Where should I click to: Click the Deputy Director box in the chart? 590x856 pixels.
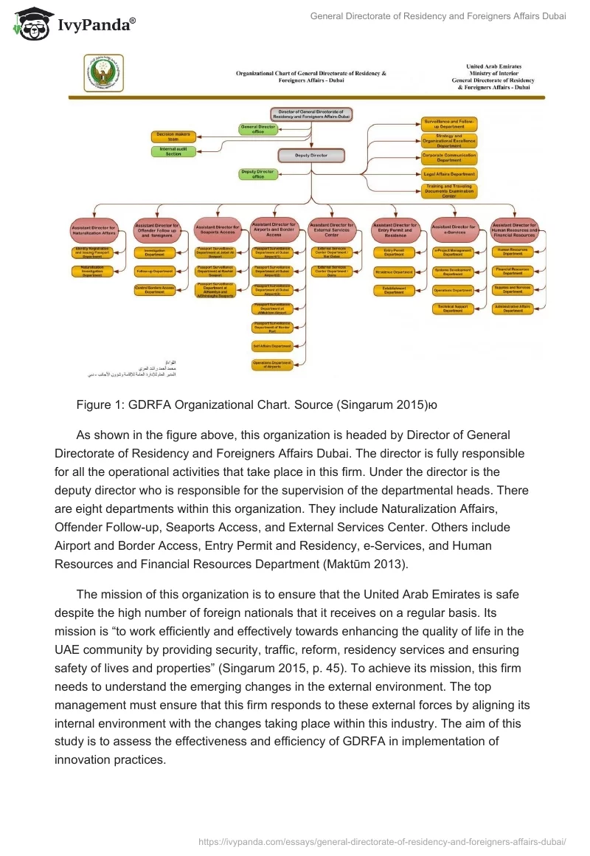(x=311, y=156)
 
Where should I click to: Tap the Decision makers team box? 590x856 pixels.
(x=173, y=136)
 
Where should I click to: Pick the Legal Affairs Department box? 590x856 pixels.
(x=448, y=174)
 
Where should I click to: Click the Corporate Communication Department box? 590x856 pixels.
(x=448, y=157)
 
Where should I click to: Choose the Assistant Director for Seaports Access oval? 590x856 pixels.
(x=217, y=230)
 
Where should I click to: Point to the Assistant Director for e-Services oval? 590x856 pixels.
(x=452, y=229)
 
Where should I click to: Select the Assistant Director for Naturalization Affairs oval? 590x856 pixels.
(x=93, y=230)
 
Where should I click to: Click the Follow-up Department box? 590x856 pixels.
(x=154, y=271)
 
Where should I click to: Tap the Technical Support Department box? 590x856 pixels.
(x=452, y=308)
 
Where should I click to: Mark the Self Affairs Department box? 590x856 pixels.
(x=272, y=345)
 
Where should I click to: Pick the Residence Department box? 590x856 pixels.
(x=394, y=272)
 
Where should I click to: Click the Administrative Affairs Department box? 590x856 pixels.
(x=513, y=308)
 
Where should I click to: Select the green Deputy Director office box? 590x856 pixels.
(x=258, y=174)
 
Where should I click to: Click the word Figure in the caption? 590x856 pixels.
(x=94, y=404)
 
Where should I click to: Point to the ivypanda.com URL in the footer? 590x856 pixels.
(x=383, y=841)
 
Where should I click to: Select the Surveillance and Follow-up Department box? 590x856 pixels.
(x=448, y=123)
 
